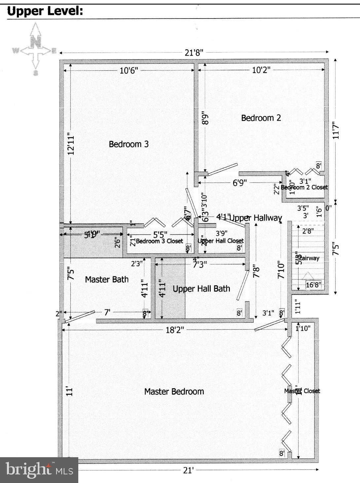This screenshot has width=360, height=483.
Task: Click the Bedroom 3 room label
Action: coord(128,144)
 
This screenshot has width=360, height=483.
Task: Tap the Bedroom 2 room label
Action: coord(261,118)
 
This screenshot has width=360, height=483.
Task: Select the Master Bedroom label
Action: coord(174,391)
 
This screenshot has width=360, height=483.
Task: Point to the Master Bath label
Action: coord(107,279)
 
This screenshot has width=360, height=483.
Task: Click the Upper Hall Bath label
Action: coord(201,289)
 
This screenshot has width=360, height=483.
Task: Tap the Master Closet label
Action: coord(302,391)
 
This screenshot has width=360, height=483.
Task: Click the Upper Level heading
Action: coord(45,11)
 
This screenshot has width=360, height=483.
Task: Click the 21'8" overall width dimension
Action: coord(194,52)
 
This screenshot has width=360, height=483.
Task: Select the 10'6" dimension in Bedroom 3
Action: coord(129,70)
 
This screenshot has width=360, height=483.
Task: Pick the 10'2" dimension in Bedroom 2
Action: coord(261,70)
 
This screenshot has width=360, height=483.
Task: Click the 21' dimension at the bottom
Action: coord(188,470)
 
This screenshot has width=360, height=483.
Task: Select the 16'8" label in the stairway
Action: coord(313,285)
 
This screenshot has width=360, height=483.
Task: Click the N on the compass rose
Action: coord(36,42)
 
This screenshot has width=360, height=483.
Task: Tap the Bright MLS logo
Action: coord(39,470)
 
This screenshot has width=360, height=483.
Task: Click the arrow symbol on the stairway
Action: coord(308,276)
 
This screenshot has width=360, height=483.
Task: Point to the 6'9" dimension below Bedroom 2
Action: coord(240,183)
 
